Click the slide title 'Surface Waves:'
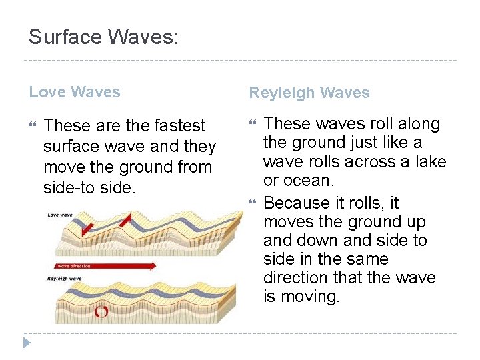(x=103, y=36)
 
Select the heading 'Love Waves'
(x=75, y=92)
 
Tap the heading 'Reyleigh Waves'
(x=309, y=93)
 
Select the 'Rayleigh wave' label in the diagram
(x=64, y=279)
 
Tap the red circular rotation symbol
(x=101, y=311)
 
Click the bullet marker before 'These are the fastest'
(x=34, y=125)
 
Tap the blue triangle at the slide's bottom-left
(x=27, y=343)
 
